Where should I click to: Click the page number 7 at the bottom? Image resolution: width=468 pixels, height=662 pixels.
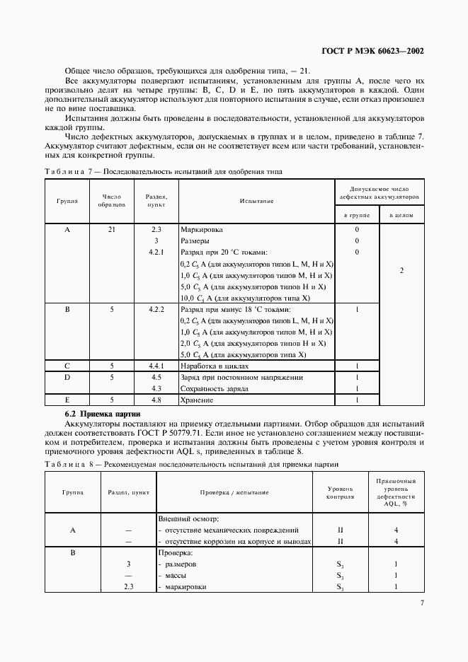[x=421, y=603]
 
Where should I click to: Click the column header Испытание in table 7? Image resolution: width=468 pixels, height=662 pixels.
[x=256, y=201]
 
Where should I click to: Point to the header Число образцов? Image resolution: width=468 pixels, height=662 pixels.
[x=113, y=201]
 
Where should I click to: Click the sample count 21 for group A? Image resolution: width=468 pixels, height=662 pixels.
[x=113, y=230]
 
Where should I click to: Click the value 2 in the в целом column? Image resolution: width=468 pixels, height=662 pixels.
[x=401, y=270]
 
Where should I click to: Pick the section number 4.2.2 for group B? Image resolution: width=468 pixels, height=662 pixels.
[x=156, y=309]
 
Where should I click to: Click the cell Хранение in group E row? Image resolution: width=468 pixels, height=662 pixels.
[x=198, y=400]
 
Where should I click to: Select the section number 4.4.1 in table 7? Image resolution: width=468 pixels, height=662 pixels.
[x=156, y=366]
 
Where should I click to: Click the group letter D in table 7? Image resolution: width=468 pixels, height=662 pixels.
[x=67, y=377]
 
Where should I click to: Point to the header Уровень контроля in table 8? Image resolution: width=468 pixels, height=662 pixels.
[x=340, y=492]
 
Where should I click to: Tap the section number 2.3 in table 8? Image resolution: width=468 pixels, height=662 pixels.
[x=128, y=587]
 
